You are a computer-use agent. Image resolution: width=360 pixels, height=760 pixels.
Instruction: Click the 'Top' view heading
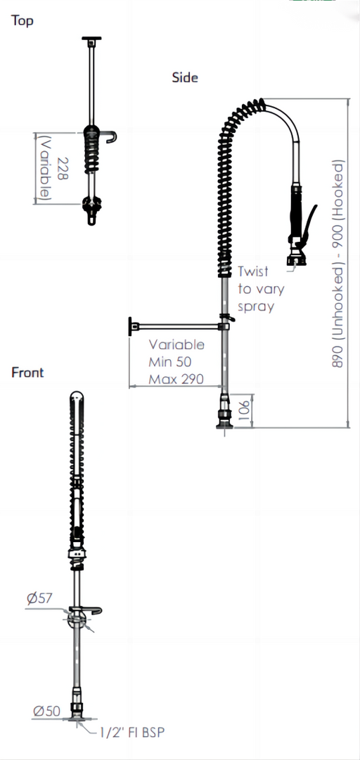pos(22,21)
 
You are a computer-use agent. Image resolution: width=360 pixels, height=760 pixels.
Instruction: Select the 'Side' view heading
pos(185,77)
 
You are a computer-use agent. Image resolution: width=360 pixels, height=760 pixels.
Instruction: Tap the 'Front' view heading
pos(27,372)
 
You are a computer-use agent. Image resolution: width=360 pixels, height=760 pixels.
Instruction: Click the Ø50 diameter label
pos(47,711)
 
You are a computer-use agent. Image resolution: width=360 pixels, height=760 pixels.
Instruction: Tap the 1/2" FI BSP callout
pos(132,733)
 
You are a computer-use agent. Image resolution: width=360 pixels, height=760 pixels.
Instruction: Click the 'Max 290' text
pos(176,378)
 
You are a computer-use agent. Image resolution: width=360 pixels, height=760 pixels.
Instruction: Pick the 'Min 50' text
pos(170,361)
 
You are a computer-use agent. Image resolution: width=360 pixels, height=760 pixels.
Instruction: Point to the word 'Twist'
pos(253,271)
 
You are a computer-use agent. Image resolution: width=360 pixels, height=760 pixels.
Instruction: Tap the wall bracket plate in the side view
pos(131,326)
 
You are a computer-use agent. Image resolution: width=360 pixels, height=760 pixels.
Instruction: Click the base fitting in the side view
pos(225,412)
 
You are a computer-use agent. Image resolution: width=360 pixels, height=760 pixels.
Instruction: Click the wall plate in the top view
pos(91,38)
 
